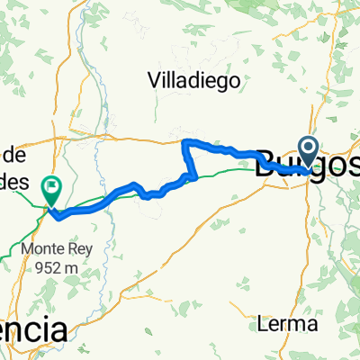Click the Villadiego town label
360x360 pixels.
(193, 79)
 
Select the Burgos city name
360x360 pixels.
(306, 166)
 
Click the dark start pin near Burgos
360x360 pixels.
(308, 149)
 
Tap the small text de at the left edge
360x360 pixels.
(18, 155)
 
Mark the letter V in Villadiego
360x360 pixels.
(154, 79)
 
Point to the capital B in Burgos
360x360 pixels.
(265, 165)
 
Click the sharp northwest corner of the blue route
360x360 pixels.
(184, 142)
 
